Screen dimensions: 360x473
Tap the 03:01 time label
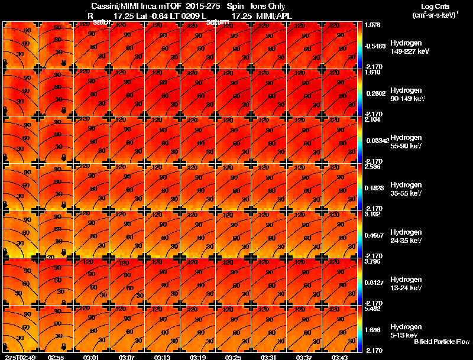pos(91,357)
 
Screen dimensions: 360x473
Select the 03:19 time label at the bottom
pos(197,357)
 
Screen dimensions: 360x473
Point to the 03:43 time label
pos(339,357)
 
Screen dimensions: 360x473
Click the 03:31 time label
pos(268,357)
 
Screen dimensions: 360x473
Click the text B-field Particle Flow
pos(441,342)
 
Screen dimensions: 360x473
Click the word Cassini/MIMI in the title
pos(112,7)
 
